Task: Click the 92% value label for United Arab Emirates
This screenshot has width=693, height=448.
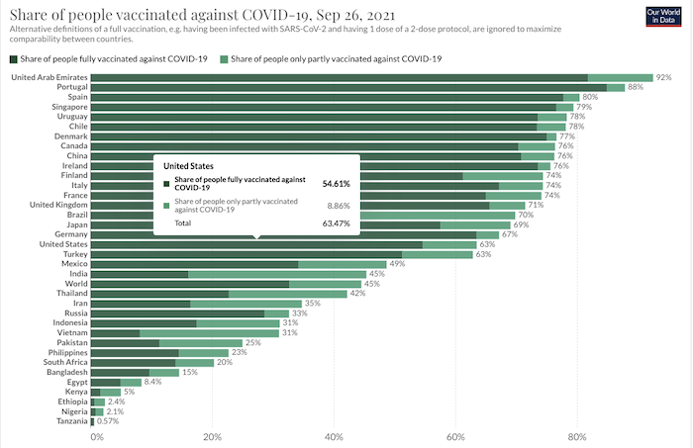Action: coord(662,77)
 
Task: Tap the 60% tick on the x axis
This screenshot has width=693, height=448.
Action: coord(455,435)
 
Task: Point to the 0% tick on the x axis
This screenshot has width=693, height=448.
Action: coord(96,435)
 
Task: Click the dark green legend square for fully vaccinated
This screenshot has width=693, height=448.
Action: coord(13,59)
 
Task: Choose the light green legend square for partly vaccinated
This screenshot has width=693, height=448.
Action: coord(226,59)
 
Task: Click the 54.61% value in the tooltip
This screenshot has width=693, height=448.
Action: coord(336,183)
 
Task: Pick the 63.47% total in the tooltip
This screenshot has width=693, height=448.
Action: coord(336,224)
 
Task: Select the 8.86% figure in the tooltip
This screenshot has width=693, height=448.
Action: coord(338,206)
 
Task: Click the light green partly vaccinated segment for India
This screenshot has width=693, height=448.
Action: coord(276,274)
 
